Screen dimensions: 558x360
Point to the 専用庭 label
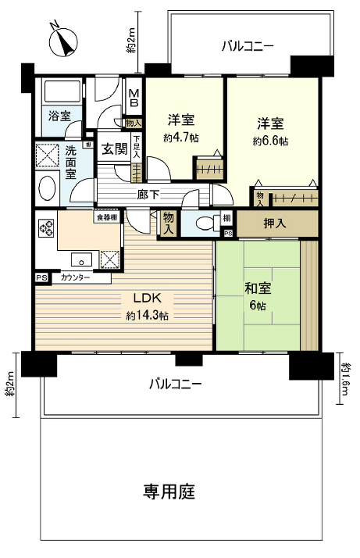point(169,492)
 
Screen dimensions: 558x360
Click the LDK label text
point(148,299)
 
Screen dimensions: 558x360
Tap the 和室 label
point(257,287)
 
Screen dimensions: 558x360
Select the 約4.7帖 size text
point(181,138)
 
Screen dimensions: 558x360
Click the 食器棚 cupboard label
point(106,218)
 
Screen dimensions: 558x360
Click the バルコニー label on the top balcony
point(247,46)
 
